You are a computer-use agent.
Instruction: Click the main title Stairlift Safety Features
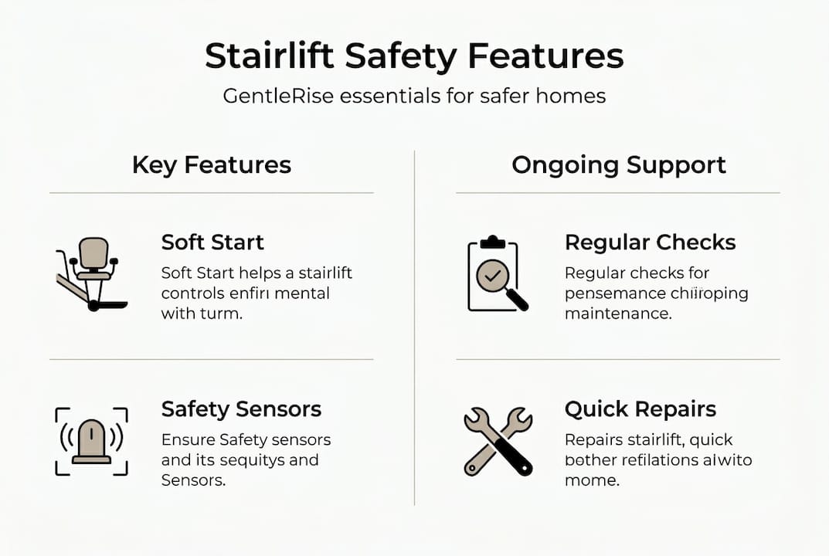[414, 58]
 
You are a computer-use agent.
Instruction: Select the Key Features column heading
[211, 164]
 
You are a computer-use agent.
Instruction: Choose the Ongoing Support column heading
[618, 164]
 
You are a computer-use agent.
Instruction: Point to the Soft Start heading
[212, 242]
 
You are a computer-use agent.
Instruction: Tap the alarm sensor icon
[91, 442]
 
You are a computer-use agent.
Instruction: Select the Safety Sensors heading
[241, 409]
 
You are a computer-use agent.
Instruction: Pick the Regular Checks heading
[650, 242]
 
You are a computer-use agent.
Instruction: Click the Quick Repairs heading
[640, 409]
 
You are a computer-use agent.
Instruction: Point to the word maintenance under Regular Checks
[617, 314]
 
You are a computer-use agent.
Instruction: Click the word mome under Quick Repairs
[592, 480]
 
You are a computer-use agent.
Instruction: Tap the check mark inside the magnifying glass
[491, 275]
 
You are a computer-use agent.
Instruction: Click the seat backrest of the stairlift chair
[93, 250]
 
